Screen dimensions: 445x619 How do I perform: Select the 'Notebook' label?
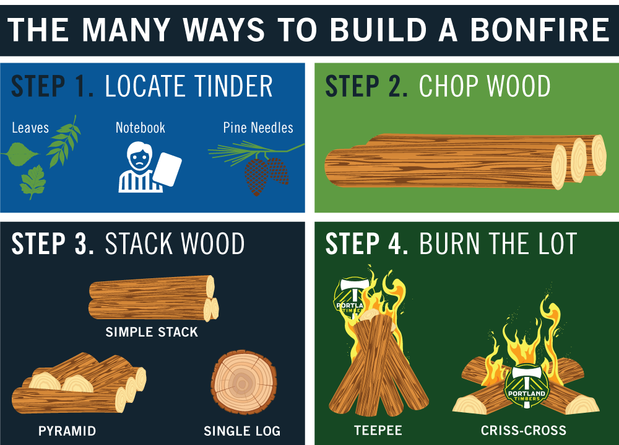[141, 128]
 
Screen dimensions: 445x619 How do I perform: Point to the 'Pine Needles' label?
[258, 128]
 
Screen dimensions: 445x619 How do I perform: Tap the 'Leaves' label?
[30, 128]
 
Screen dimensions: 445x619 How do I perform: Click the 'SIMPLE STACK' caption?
[152, 332]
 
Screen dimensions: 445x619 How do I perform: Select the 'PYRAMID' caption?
[67, 430]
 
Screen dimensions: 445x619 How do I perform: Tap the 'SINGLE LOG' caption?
[242, 430]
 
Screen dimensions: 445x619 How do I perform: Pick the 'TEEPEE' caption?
[378, 430]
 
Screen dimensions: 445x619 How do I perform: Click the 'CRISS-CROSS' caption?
[523, 430]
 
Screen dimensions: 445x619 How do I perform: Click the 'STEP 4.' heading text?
[366, 245]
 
